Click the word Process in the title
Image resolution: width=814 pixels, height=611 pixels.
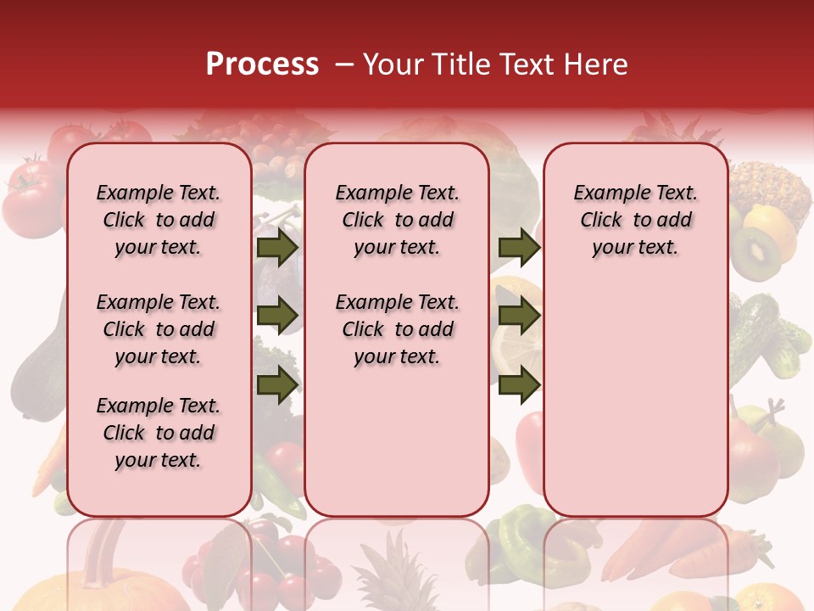(x=262, y=64)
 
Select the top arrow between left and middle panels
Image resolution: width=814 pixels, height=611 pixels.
(x=277, y=248)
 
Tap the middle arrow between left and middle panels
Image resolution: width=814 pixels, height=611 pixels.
(x=277, y=316)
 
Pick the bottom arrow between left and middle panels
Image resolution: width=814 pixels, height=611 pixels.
(x=277, y=384)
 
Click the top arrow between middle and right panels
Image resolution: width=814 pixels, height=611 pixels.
(x=519, y=248)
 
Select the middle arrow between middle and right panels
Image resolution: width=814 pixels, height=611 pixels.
(x=519, y=316)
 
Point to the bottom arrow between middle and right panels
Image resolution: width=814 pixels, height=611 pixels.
(x=519, y=384)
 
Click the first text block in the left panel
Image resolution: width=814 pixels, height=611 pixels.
(x=159, y=220)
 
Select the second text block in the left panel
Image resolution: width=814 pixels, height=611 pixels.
(x=159, y=329)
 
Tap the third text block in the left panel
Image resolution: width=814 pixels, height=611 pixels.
(x=159, y=433)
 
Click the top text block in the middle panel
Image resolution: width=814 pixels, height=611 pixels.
(x=397, y=220)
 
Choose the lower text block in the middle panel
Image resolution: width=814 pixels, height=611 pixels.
(x=397, y=329)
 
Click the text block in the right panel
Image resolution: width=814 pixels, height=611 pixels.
(x=635, y=220)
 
